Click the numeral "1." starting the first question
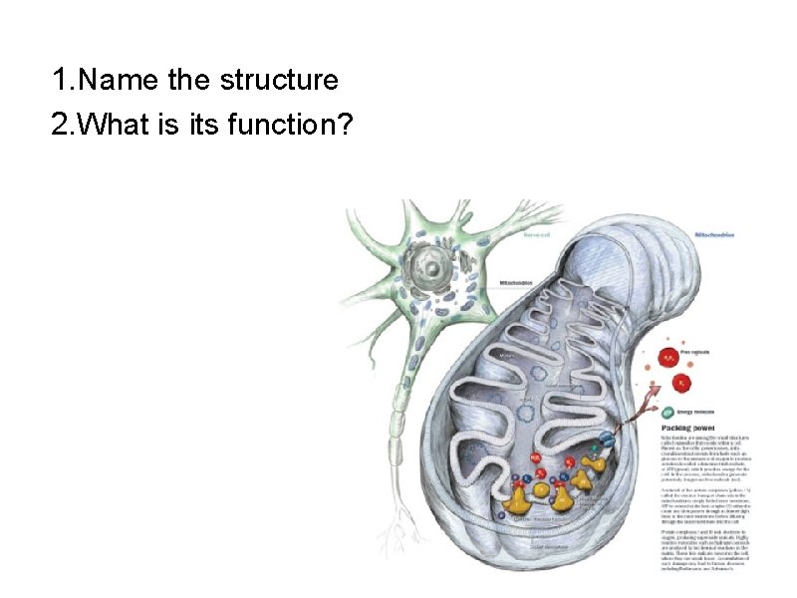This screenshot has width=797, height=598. pos(63,80)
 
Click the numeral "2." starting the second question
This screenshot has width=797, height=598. pos(63,126)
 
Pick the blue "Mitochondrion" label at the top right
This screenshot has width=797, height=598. pos(715,234)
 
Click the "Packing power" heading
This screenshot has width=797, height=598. pos(693,427)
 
